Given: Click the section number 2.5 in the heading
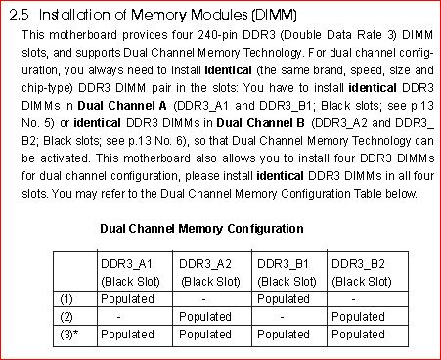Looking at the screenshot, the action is pyautogui.click(x=19, y=15).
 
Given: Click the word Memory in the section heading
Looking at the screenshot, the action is pyautogui.click(x=158, y=16).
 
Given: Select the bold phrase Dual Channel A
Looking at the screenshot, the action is pyautogui.click(x=122, y=106).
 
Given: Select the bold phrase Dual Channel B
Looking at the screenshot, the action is pyautogui.click(x=261, y=123).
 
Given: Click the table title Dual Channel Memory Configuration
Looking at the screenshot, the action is pyautogui.click(x=201, y=229).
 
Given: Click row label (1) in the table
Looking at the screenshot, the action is pyautogui.click(x=66, y=299).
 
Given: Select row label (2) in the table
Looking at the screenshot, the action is pyautogui.click(x=66, y=317).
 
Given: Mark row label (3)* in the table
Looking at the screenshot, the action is pyautogui.click(x=69, y=335).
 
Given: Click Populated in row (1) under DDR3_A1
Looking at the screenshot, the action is pyautogui.click(x=127, y=299).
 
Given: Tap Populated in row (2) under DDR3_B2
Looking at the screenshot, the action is pyautogui.click(x=358, y=317).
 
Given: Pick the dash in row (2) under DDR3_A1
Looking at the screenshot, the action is pyautogui.click(x=119, y=317).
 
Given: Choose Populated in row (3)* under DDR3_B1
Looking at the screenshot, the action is pyautogui.click(x=284, y=335).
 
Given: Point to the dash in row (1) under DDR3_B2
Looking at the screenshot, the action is pyautogui.click(x=353, y=299).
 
